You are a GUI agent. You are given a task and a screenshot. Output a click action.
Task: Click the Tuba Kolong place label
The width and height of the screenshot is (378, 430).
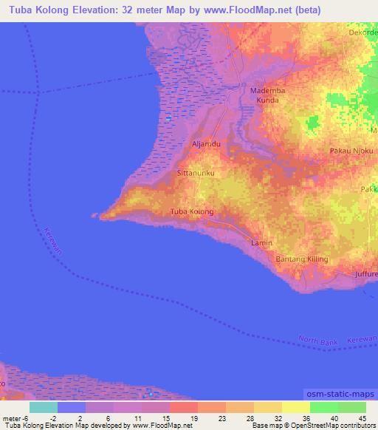(x=192, y=212)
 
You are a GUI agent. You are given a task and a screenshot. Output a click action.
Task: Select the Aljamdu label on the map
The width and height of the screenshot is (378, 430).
(x=207, y=144)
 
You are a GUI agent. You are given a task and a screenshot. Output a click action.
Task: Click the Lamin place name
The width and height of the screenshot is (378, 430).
(x=261, y=242)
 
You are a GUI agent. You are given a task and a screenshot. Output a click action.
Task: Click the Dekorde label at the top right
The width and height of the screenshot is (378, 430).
(x=362, y=33)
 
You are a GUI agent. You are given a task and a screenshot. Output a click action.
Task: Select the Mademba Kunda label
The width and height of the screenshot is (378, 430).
(x=267, y=94)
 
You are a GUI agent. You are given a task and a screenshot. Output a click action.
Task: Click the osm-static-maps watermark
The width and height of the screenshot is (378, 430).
(x=342, y=393)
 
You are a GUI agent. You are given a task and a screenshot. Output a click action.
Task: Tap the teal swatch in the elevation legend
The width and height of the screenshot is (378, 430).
(x=43, y=407)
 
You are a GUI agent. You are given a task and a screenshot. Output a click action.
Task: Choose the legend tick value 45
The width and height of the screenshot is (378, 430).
(x=362, y=420)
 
